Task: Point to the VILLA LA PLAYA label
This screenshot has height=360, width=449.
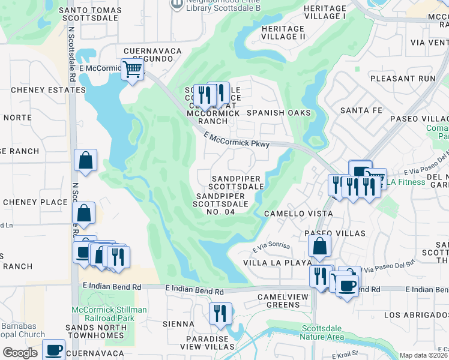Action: pyautogui.click(x=277, y=263)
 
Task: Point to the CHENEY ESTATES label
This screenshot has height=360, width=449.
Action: pyautogui.click(x=48, y=90)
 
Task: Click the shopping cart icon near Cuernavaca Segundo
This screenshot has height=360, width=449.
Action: pyautogui.click(x=132, y=69)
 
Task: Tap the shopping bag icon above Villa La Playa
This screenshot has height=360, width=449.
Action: pyautogui.click(x=319, y=245)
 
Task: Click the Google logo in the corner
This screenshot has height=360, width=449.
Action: pyautogui.click(x=20, y=353)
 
